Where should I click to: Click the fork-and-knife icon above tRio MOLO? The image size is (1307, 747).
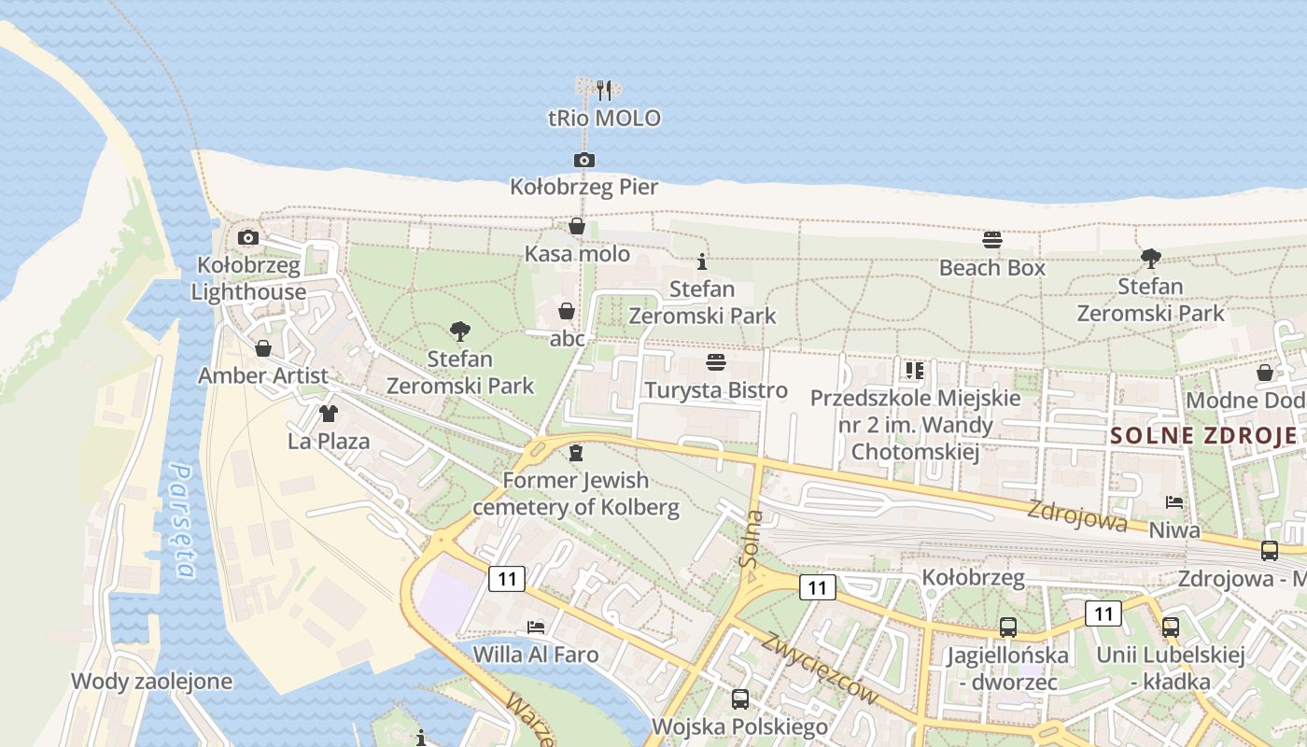[604, 91]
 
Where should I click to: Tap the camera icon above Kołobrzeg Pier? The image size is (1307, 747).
[584, 161]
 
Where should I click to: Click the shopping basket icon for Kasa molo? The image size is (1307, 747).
[577, 227]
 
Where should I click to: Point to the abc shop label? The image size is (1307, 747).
[567, 338]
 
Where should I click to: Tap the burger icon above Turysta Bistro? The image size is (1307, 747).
[716, 362]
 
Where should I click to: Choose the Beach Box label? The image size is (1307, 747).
[992, 268]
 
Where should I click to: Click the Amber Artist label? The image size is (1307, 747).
[263, 375]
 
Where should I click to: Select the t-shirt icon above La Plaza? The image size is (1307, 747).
[328, 414]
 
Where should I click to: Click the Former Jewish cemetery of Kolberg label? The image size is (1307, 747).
[576, 494]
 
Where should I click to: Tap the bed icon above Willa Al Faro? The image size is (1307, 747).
[535, 627]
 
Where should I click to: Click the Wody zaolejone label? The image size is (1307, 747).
[151, 681]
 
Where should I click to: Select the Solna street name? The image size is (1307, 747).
[750, 539]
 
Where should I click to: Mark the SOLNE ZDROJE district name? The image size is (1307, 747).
[1203, 435]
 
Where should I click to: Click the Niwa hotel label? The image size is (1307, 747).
[1174, 530]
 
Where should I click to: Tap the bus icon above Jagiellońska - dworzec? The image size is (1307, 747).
[1008, 627]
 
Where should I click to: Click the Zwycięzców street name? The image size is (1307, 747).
[821, 668]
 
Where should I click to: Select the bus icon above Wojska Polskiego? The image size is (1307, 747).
[740, 698]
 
